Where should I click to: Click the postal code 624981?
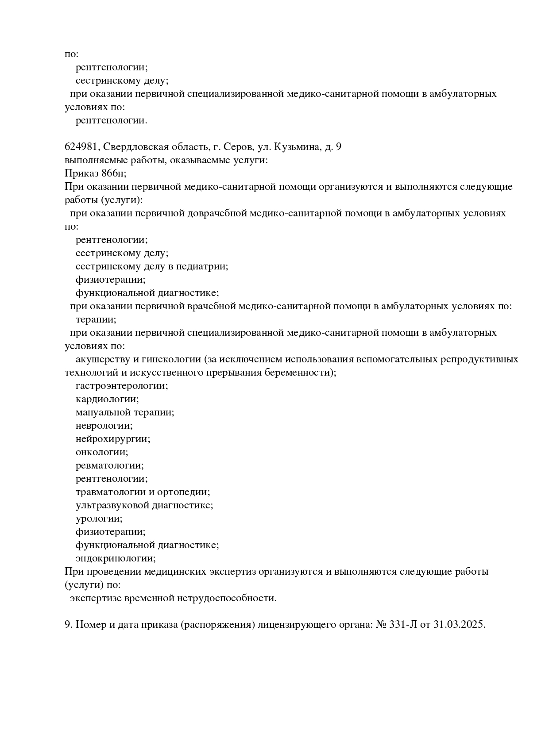(x=81, y=147)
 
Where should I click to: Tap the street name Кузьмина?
(x=299, y=147)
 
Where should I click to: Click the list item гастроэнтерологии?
(x=122, y=386)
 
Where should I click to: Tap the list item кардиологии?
(x=107, y=399)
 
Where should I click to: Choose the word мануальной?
(x=104, y=412)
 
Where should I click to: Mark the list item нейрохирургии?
(x=113, y=439)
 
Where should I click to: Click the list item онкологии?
(x=102, y=452)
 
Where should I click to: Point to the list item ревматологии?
(x=110, y=465)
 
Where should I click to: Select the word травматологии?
(x=111, y=492)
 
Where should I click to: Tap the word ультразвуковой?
(x=112, y=505)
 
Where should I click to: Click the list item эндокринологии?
(x=116, y=558)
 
